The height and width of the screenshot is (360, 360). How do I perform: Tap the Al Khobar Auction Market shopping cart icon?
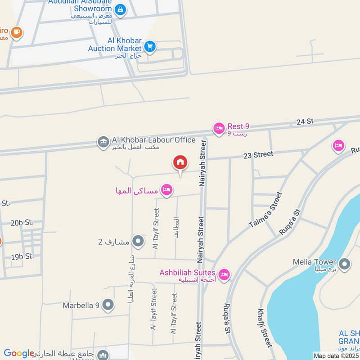[150, 46]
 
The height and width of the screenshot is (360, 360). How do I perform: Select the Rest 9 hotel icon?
[219, 129]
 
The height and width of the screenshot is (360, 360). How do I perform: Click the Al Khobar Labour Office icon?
[103, 142]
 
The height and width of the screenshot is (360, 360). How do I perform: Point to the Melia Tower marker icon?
[345, 264]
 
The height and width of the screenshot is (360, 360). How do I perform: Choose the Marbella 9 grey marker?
[108, 305]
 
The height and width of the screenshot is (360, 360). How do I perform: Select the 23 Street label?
[258, 155]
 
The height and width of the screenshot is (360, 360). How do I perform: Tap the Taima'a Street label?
[265, 210]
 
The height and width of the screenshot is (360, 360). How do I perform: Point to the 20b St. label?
[22, 222]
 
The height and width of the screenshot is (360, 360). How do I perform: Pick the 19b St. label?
[22, 256]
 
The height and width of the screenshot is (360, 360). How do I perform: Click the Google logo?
[19, 353]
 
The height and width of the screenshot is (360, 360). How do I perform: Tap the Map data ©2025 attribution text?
[337, 355]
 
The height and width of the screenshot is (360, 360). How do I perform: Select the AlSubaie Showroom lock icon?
[120, 9]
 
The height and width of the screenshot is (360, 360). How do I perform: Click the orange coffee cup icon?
[17, 32]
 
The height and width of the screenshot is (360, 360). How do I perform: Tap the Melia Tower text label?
[314, 262]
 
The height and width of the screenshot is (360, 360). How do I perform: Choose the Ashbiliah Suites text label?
[188, 273]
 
